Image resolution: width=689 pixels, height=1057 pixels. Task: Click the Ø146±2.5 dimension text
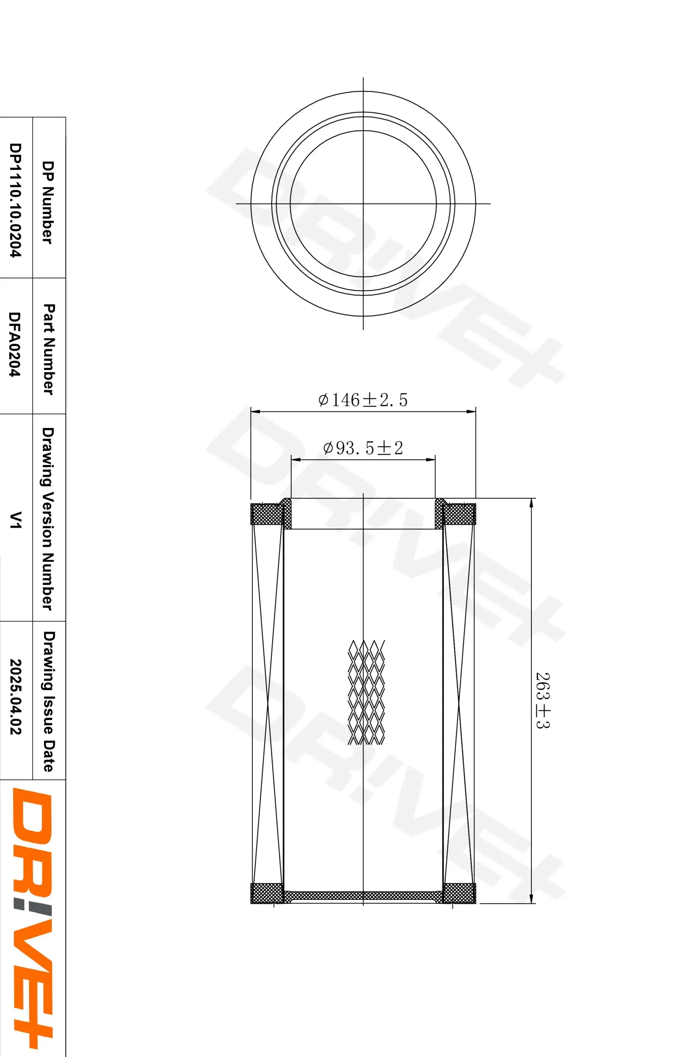point(362,400)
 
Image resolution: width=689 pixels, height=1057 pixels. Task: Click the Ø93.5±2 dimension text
point(363,448)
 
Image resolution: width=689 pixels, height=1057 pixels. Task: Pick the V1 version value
point(16,519)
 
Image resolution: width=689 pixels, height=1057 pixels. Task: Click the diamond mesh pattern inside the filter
point(366,693)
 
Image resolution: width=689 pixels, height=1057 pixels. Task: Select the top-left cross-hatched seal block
point(267,514)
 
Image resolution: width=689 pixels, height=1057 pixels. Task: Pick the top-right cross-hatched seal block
point(459,514)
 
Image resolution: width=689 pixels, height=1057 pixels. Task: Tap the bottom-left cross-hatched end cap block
point(267,893)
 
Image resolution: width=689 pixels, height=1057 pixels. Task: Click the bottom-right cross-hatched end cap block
point(459,893)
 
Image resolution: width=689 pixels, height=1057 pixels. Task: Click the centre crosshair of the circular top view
point(363,204)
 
